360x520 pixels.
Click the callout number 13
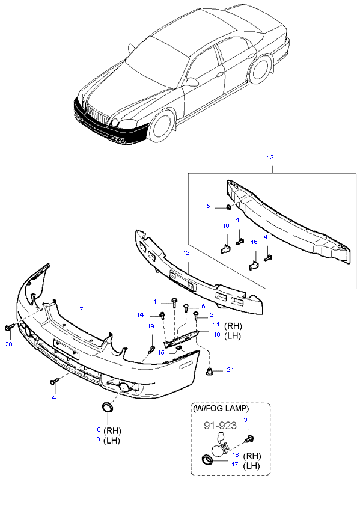[x=270, y=157]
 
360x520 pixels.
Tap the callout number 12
[x=186, y=252]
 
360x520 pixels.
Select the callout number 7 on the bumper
[x=81, y=309]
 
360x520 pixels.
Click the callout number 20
[x=8, y=344]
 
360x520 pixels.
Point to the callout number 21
[x=230, y=370]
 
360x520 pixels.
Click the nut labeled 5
[x=229, y=207]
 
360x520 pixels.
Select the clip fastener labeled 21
[x=209, y=372]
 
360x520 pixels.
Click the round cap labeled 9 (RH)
[x=107, y=406]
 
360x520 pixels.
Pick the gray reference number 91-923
[x=220, y=426]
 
